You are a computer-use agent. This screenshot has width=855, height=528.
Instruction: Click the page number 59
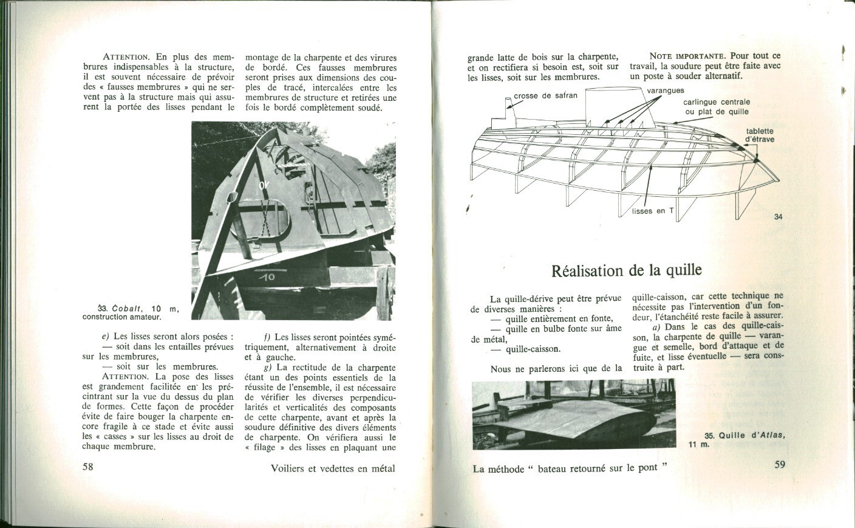click(x=780, y=465)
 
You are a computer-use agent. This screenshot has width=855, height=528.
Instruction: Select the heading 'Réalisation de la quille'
click(x=626, y=270)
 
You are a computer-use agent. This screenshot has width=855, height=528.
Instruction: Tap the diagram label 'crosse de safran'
click(x=545, y=95)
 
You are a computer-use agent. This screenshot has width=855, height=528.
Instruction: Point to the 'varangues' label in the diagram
click(x=665, y=91)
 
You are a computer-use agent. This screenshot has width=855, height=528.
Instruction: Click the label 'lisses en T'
click(x=653, y=211)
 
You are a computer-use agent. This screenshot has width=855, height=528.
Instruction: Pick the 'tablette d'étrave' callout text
click(x=759, y=135)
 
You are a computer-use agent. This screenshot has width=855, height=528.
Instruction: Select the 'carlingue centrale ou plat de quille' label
click(x=717, y=106)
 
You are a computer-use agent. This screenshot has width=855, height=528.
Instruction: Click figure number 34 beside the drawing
click(x=779, y=217)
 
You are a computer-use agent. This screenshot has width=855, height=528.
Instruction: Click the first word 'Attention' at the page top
click(x=126, y=57)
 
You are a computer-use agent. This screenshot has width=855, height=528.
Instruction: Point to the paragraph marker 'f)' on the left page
click(x=267, y=337)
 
